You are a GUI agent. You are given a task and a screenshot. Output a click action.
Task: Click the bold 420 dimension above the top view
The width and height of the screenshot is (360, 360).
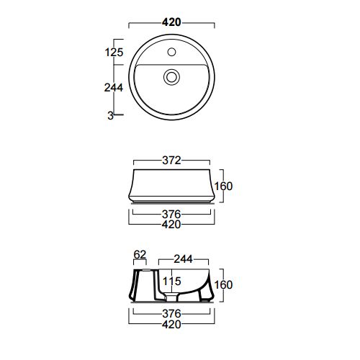171,22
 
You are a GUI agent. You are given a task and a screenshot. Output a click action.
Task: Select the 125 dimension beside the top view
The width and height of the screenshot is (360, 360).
114,52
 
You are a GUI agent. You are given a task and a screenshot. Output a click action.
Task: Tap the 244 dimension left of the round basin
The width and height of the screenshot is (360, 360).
114,88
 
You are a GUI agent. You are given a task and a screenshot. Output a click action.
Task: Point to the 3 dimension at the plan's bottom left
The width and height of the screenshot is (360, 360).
110,116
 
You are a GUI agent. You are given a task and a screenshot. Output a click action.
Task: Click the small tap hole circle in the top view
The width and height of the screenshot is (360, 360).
171,52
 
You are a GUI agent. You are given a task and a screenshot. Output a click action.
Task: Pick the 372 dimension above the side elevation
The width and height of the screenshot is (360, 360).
171,161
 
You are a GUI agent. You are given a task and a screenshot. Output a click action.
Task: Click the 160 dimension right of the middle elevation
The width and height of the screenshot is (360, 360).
223,186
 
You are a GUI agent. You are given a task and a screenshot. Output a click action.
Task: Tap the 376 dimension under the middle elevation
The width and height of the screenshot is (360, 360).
171,214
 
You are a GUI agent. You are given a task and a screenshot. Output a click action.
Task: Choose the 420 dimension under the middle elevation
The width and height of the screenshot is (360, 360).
171,225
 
